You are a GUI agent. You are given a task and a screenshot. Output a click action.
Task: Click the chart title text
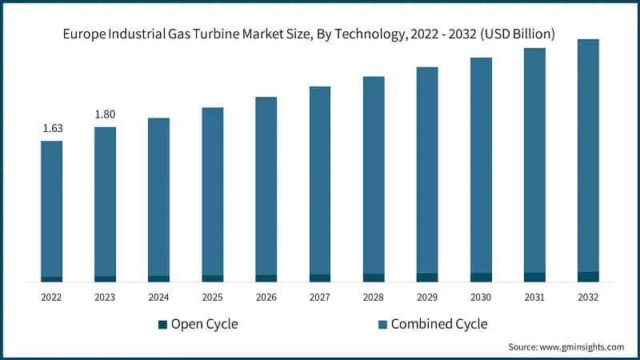tap(320, 34)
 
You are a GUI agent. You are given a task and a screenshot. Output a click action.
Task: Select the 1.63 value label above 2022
tap(51, 128)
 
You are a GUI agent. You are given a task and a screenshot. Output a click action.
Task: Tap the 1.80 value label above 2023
tap(105, 114)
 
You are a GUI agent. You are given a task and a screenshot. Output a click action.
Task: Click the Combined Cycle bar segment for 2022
tap(51, 208)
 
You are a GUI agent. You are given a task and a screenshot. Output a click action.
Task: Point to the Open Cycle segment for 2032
tap(588, 277)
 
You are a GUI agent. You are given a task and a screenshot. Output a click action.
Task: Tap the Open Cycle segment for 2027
tap(320, 278)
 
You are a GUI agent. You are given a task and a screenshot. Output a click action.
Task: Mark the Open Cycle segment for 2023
tap(105, 278)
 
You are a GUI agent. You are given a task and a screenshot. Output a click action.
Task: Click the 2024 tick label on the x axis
tap(158, 297)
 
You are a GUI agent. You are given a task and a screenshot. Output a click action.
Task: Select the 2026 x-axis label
tap(266, 297)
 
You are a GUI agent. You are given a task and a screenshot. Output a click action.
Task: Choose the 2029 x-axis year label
tap(427, 297)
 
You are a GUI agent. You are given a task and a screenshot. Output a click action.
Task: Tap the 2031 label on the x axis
tap(534, 297)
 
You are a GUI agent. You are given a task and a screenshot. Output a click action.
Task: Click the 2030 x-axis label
tap(481, 297)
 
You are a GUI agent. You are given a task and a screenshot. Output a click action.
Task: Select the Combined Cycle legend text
tap(439, 324)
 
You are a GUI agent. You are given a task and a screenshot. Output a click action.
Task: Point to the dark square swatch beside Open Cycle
tap(163, 324)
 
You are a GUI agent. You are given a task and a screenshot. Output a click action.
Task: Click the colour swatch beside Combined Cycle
tap(382, 324)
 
